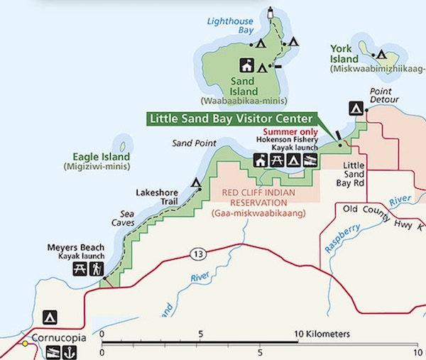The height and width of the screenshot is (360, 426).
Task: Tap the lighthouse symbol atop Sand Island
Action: [x=270, y=12]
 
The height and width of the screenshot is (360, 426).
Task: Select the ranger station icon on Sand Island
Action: [x=246, y=65]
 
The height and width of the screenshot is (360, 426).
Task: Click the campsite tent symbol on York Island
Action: [x=381, y=54]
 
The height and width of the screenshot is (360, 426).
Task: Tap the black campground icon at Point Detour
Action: [x=354, y=108]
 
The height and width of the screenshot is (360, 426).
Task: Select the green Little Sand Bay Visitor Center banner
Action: [x=231, y=119]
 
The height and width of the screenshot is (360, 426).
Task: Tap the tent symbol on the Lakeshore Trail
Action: [x=196, y=182]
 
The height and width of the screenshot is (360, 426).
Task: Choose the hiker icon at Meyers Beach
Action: [x=96, y=268]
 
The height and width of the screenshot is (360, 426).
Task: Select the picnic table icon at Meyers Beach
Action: [x=79, y=268]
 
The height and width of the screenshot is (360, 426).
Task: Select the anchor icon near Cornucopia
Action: [x=69, y=352]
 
